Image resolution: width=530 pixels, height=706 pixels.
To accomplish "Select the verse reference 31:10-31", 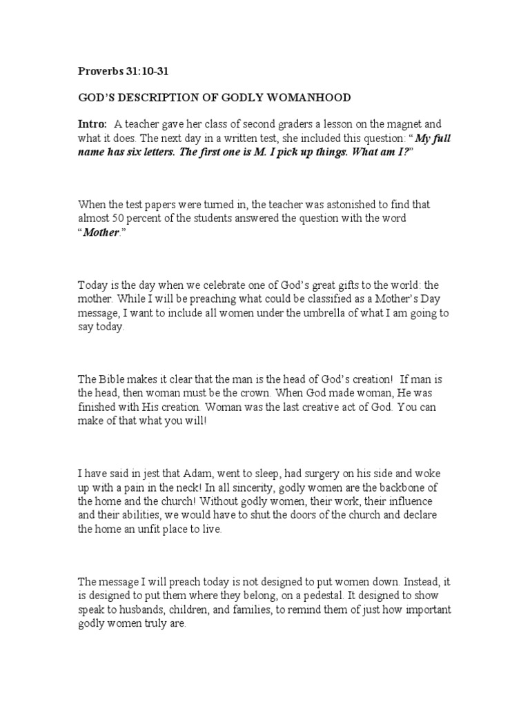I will click(x=147, y=72).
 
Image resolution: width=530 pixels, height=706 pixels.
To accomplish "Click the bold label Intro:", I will click(x=92, y=125).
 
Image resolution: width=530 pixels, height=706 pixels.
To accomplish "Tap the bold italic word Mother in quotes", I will click(x=101, y=232).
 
